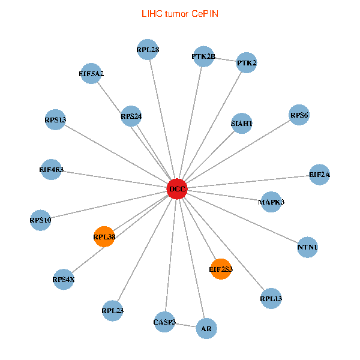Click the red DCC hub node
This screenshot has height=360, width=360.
click(177, 189)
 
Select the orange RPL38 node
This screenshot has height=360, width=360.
click(104, 237)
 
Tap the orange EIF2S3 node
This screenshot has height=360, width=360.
click(221, 269)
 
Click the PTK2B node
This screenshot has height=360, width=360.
click(203, 56)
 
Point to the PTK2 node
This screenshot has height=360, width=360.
click(247, 62)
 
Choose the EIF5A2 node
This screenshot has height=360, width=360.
click(91, 74)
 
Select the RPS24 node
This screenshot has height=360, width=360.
click(131, 116)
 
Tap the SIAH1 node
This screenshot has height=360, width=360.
click(242, 124)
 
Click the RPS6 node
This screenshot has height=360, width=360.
click(299, 115)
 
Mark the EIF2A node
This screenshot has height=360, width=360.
click(319, 175)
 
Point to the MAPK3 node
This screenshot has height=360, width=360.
click(271, 202)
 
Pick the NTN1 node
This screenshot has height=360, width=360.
click(308, 247)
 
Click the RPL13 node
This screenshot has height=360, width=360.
click(271, 298)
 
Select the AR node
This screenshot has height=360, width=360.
click(206, 329)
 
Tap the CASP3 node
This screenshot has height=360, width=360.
click(164, 322)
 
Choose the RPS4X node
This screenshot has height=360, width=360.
click(64, 279)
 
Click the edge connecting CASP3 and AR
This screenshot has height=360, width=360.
click(185, 326)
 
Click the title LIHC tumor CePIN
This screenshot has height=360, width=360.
click(179, 13)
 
